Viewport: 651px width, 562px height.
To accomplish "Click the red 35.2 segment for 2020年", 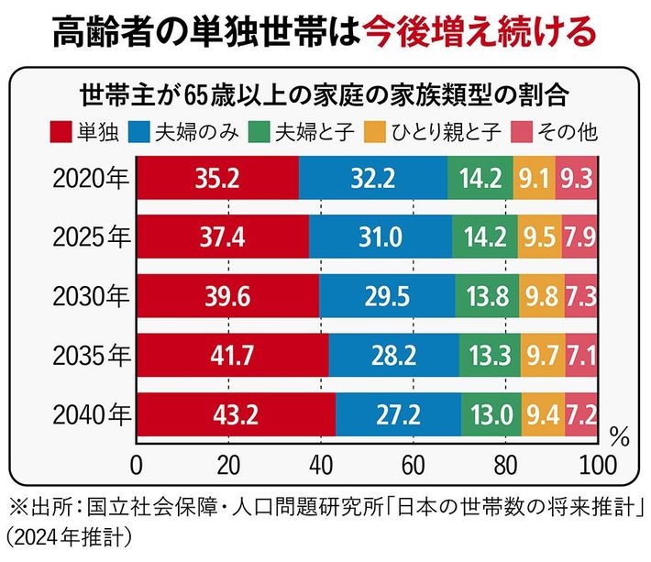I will pos(218,177).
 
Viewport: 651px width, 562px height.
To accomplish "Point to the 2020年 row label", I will pos(90,177).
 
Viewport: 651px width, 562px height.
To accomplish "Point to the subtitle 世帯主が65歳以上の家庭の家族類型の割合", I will pos(326,95).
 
